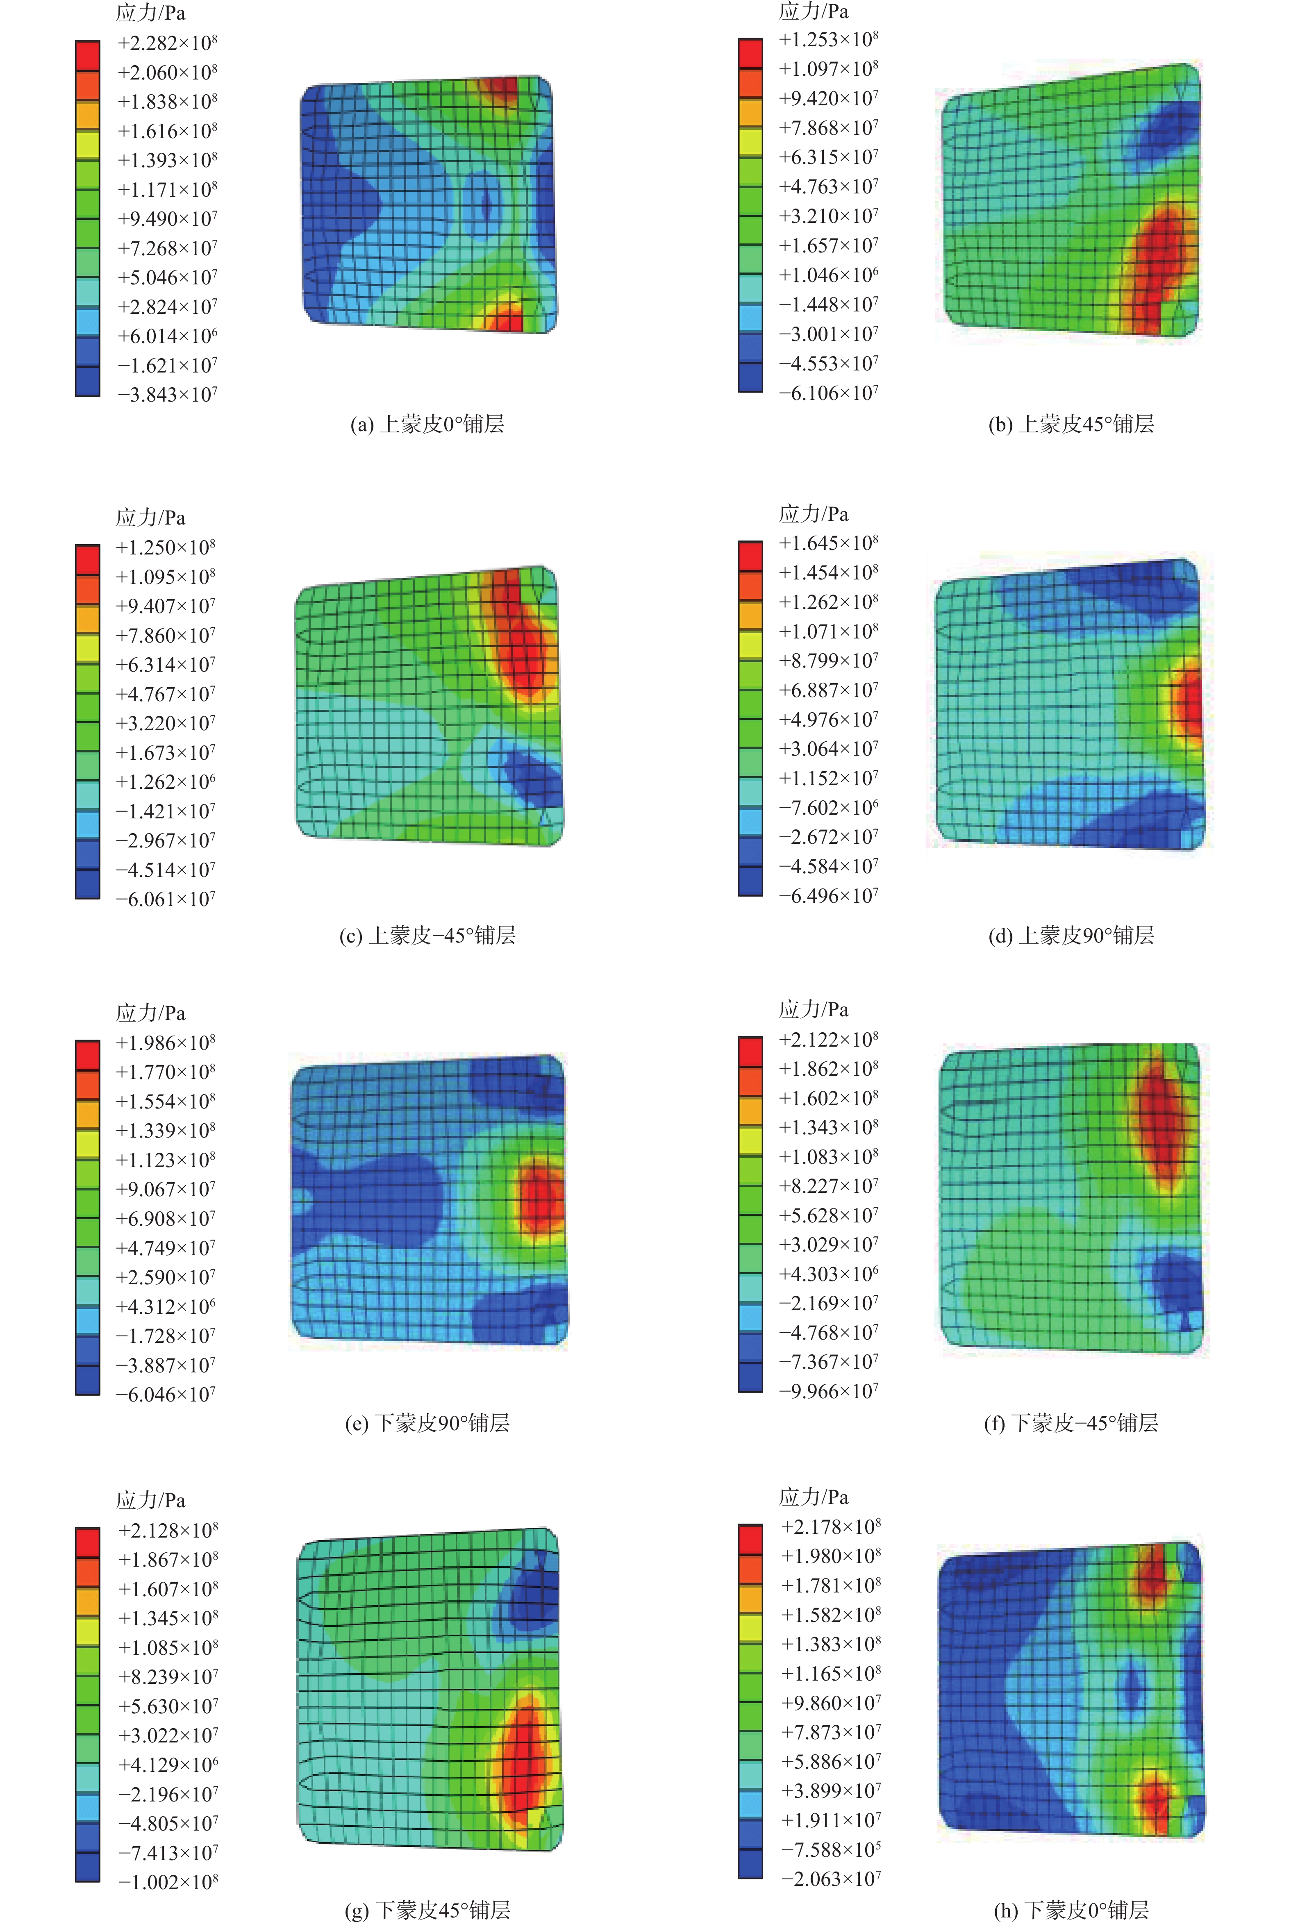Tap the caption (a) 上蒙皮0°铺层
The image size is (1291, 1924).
[427, 424]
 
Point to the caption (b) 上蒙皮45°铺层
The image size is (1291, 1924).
[1071, 424]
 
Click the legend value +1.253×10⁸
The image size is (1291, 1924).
[828, 39]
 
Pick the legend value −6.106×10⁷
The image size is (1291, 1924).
[828, 393]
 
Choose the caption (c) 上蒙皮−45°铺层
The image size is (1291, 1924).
[427, 935]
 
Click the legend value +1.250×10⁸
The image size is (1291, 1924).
[166, 547]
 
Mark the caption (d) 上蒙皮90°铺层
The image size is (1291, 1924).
[1071, 935]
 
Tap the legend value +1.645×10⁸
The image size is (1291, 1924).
[828, 543]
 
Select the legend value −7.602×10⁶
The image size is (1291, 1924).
[828, 808]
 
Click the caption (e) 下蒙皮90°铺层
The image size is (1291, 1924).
[427, 1423]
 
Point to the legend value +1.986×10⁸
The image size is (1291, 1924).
[166, 1043]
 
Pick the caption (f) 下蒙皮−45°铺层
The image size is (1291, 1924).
[1071, 1423]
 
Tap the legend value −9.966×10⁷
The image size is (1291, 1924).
[828, 1391]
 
